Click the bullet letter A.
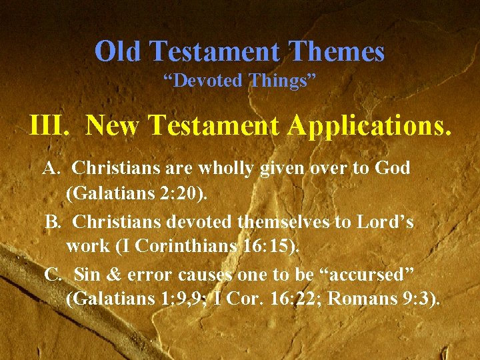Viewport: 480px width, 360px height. point(49,169)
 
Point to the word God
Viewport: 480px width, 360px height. point(393,169)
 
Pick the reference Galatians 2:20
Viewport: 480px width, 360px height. point(137,194)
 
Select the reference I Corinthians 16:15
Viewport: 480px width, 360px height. point(207,247)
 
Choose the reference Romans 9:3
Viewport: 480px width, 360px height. point(385,299)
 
